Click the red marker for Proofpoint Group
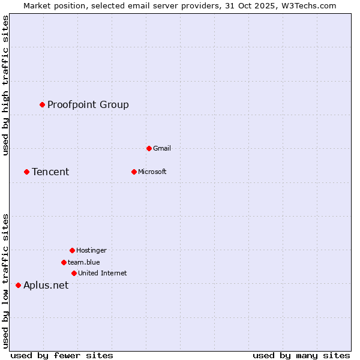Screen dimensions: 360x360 [x=42, y=104]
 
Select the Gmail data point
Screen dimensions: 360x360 [x=149, y=148]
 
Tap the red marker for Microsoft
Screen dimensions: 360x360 [x=134, y=172]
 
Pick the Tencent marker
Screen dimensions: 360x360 [x=26, y=172]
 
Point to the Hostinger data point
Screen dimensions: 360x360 [x=72, y=250]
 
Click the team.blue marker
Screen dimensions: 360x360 [x=64, y=262]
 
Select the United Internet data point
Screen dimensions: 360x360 [x=74, y=273]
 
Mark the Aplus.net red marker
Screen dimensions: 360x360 [x=18, y=285]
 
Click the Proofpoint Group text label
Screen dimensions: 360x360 [x=88, y=105]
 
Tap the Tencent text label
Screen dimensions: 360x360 [x=50, y=172]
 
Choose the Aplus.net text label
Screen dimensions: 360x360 [x=46, y=286]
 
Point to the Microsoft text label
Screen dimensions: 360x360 [x=152, y=172]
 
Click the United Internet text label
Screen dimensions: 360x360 [x=102, y=274]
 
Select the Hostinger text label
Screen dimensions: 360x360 [x=91, y=251]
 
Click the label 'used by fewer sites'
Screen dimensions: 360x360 [x=62, y=355]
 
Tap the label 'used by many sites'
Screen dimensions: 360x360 [x=301, y=355]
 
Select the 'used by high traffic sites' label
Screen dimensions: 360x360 [x=6, y=86]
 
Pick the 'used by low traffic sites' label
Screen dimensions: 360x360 [x=6, y=281]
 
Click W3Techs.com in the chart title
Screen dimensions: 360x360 [x=307, y=5]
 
